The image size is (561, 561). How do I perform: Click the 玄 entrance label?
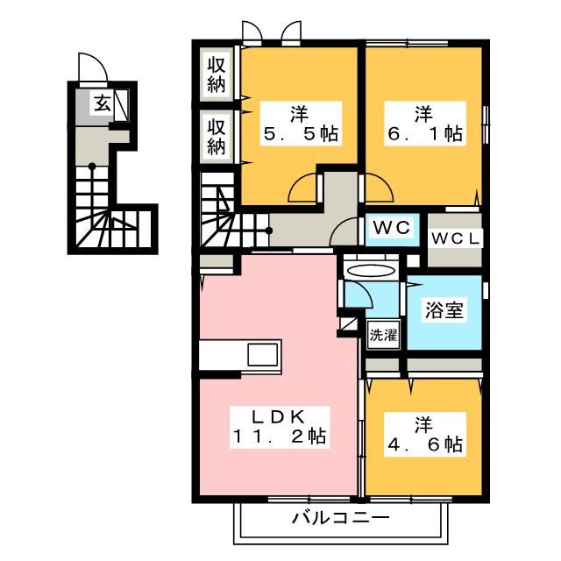[102, 104]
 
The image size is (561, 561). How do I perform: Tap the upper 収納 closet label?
[217, 75]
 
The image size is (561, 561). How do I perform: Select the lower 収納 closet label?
[217, 137]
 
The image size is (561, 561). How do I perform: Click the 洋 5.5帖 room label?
[301, 124]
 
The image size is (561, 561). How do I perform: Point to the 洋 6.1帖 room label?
[425, 124]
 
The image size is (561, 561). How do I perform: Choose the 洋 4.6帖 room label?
[425, 435]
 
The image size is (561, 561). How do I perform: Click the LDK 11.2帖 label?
[279, 427]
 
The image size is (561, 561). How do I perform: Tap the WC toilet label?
[392, 227]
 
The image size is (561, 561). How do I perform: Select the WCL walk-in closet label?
[455, 238]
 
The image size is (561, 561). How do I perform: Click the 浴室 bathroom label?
[444, 309]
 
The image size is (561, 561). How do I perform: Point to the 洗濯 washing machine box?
[383, 335]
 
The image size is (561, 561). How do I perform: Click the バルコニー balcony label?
[341, 517]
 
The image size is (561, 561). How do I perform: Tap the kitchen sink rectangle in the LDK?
[263, 354]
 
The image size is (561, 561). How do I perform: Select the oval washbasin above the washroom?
[371, 271]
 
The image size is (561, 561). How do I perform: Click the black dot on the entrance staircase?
[92, 166]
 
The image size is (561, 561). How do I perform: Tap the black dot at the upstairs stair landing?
[269, 231]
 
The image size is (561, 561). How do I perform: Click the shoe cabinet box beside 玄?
[121, 105]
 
